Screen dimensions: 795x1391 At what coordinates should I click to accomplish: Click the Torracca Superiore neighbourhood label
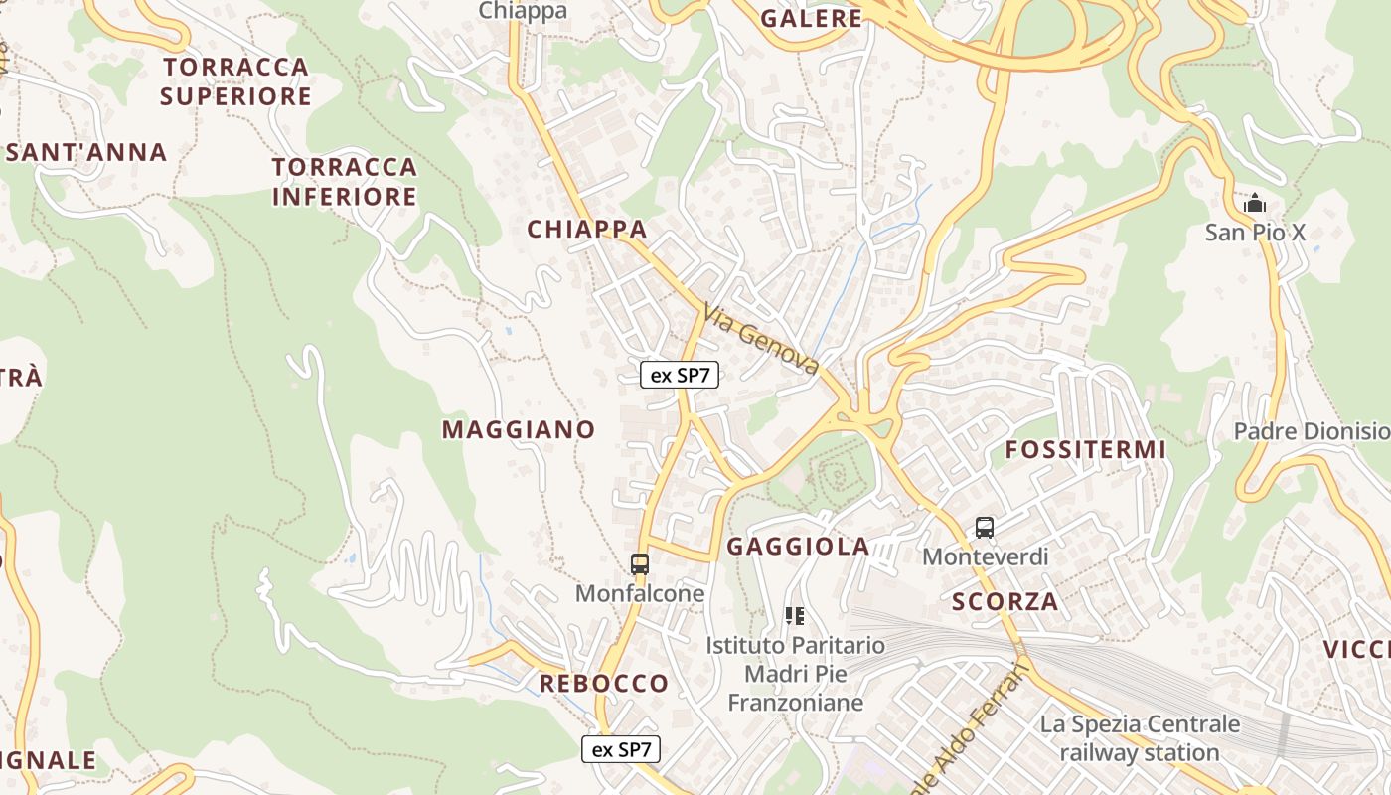(236, 81)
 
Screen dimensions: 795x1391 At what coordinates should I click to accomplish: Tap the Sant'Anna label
(86, 152)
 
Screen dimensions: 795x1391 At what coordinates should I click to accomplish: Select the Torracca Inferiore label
(345, 181)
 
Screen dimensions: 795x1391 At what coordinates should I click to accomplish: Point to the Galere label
(811, 18)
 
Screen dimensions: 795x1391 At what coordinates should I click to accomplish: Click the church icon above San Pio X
(1255, 204)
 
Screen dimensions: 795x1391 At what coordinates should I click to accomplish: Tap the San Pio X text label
(1255, 233)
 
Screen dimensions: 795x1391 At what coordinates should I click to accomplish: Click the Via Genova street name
(761, 339)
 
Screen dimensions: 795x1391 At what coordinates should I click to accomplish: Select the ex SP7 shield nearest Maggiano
(680, 375)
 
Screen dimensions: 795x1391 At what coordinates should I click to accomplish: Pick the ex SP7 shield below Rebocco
(621, 749)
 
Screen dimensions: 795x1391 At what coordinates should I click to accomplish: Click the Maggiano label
(519, 429)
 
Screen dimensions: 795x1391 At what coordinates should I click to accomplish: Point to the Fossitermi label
(1085, 449)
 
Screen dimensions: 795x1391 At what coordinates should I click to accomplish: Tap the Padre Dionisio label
(1311, 431)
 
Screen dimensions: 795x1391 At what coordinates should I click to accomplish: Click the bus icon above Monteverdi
(985, 528)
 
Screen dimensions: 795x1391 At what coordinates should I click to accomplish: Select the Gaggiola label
(798, 546)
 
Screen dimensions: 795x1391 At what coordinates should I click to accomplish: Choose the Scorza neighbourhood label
(1005, 601)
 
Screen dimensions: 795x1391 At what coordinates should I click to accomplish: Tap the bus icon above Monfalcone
(640, 564)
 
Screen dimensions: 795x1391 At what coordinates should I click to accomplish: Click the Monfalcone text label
(640, 593)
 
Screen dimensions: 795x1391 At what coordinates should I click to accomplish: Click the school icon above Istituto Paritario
(794, 616)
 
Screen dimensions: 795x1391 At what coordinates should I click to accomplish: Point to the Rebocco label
(603, 683)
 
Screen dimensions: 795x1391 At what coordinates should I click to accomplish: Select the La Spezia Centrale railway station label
(1140, 738)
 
